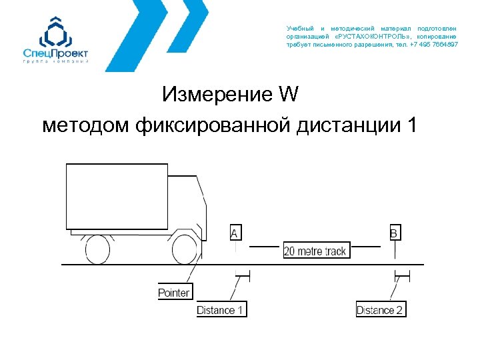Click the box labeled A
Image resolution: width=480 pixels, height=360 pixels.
coord(235,233)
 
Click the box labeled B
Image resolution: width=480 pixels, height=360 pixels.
coord(394,233)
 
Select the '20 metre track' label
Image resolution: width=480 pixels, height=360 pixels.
coord(316,251)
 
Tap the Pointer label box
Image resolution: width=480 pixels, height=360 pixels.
coord(173,292)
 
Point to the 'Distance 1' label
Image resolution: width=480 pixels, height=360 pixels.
coord(221,309)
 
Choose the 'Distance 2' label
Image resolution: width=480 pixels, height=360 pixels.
coord(381,309)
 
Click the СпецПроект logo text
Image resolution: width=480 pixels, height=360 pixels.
coord(55,53)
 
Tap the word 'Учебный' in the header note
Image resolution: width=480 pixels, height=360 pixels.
coord(299,29)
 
